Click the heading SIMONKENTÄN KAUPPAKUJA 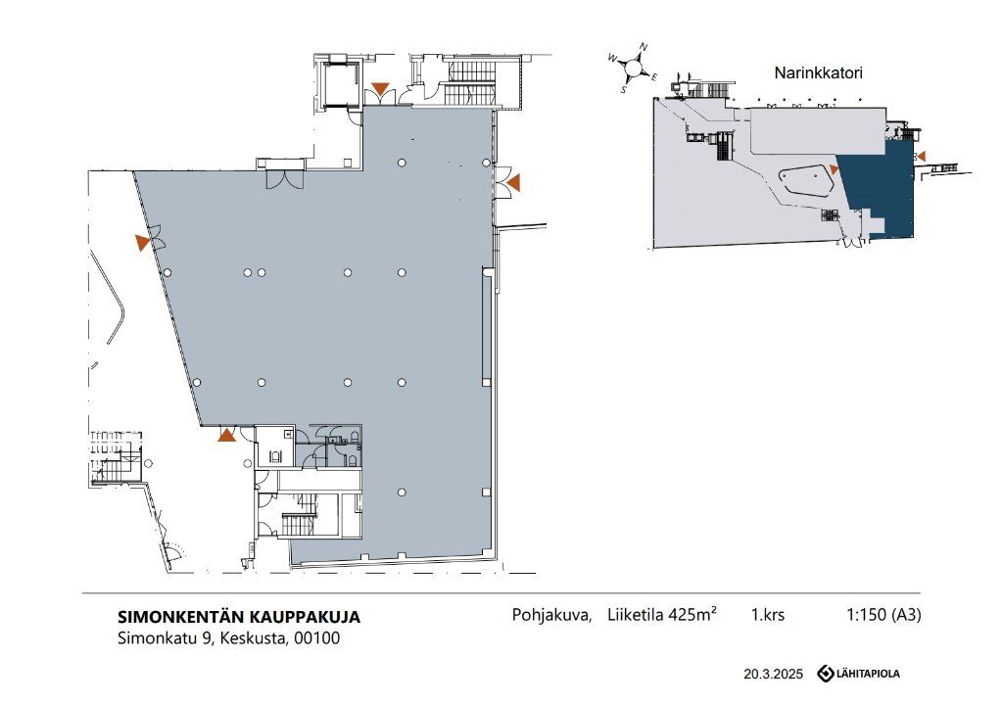239,617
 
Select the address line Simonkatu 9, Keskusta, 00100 229,637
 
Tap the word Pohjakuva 551,615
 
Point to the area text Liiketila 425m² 662,614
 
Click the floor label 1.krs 768,615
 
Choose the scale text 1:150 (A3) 884,615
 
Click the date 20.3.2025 773,674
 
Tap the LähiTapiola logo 858,673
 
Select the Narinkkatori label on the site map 818,72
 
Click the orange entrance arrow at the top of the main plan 380,89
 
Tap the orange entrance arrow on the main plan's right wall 513,183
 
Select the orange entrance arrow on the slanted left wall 143,243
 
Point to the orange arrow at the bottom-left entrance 226,435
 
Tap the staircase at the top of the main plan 470,82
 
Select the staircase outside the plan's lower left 116,456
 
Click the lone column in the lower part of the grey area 402,493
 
